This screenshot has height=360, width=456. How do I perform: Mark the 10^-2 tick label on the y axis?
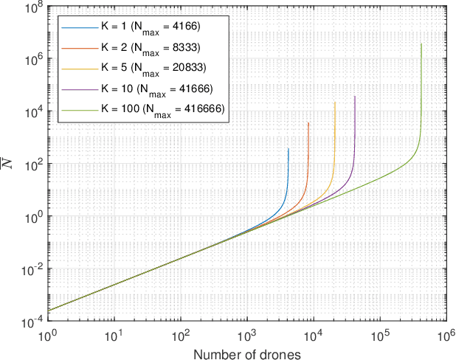[x=30, y=268]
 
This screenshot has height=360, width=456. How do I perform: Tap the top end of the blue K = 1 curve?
[x=289, y=149]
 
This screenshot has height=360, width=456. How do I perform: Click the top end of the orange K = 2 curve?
[x=308, y=122]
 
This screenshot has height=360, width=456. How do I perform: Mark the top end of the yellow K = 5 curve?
[x=335, y=103]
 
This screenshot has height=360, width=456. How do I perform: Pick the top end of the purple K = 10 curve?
[x=355, y=96]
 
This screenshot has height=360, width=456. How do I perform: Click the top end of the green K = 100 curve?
[x=421, y=44]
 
